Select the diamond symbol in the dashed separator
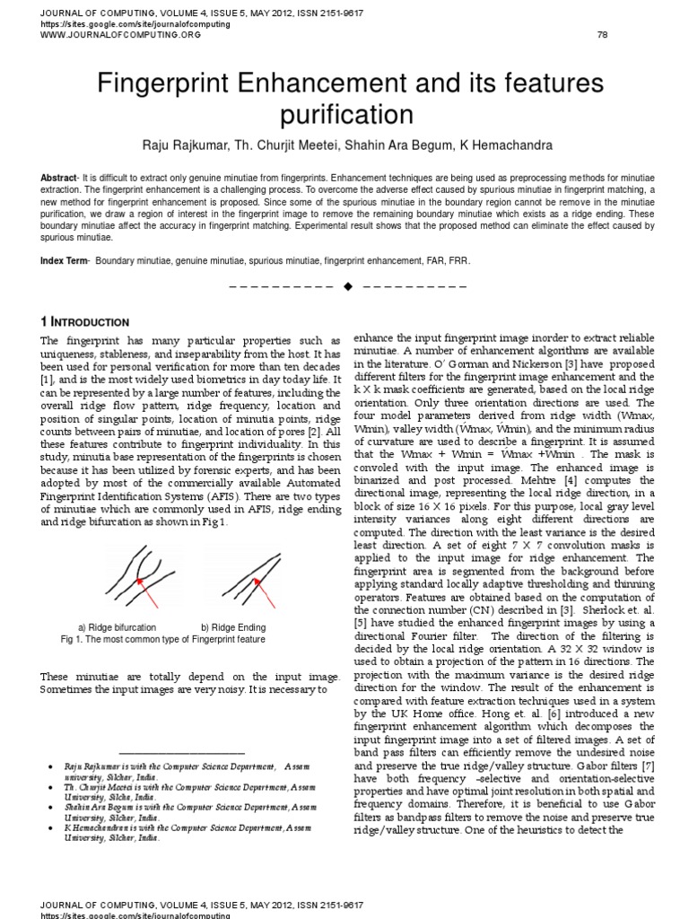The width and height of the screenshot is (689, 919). coord(345,286)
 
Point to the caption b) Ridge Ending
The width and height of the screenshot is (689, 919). coord(233,626)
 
